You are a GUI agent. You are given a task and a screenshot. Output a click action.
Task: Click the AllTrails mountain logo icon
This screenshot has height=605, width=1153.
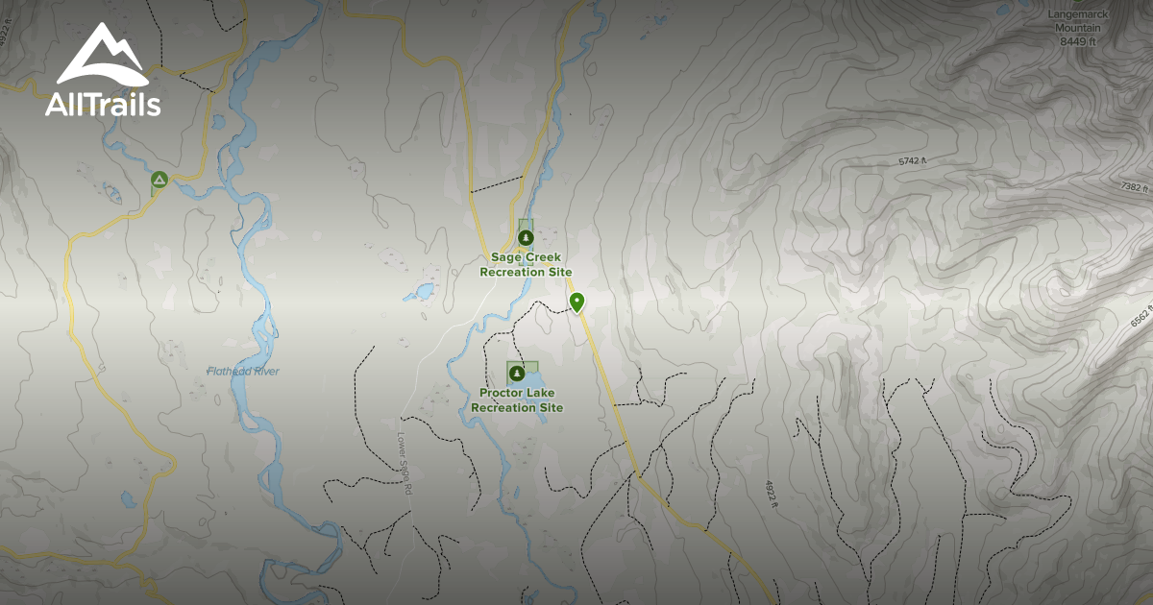tap(102, 56)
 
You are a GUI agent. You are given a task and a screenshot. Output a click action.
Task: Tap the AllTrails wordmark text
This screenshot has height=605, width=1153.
tap(102, 105)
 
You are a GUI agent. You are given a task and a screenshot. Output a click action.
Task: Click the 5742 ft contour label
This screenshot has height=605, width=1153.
tap(913, 161)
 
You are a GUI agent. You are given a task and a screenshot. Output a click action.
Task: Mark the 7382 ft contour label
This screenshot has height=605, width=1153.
tap(1137, 188)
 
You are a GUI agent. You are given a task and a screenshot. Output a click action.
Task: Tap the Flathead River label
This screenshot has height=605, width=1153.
tap(243, 371)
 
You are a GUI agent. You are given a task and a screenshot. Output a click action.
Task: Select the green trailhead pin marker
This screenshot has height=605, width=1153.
tap(576, 302)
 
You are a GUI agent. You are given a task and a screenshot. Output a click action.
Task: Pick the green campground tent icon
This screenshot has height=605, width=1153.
tap(159, 180)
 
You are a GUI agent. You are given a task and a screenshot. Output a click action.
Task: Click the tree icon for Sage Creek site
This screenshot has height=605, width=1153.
tap(525, 236)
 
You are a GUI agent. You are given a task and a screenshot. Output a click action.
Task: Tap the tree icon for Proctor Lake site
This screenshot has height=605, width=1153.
tap(517, 373)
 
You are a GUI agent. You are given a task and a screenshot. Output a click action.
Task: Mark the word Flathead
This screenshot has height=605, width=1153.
tap(227, 371)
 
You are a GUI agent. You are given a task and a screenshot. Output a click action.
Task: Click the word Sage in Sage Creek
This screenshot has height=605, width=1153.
tap(505, 257)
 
